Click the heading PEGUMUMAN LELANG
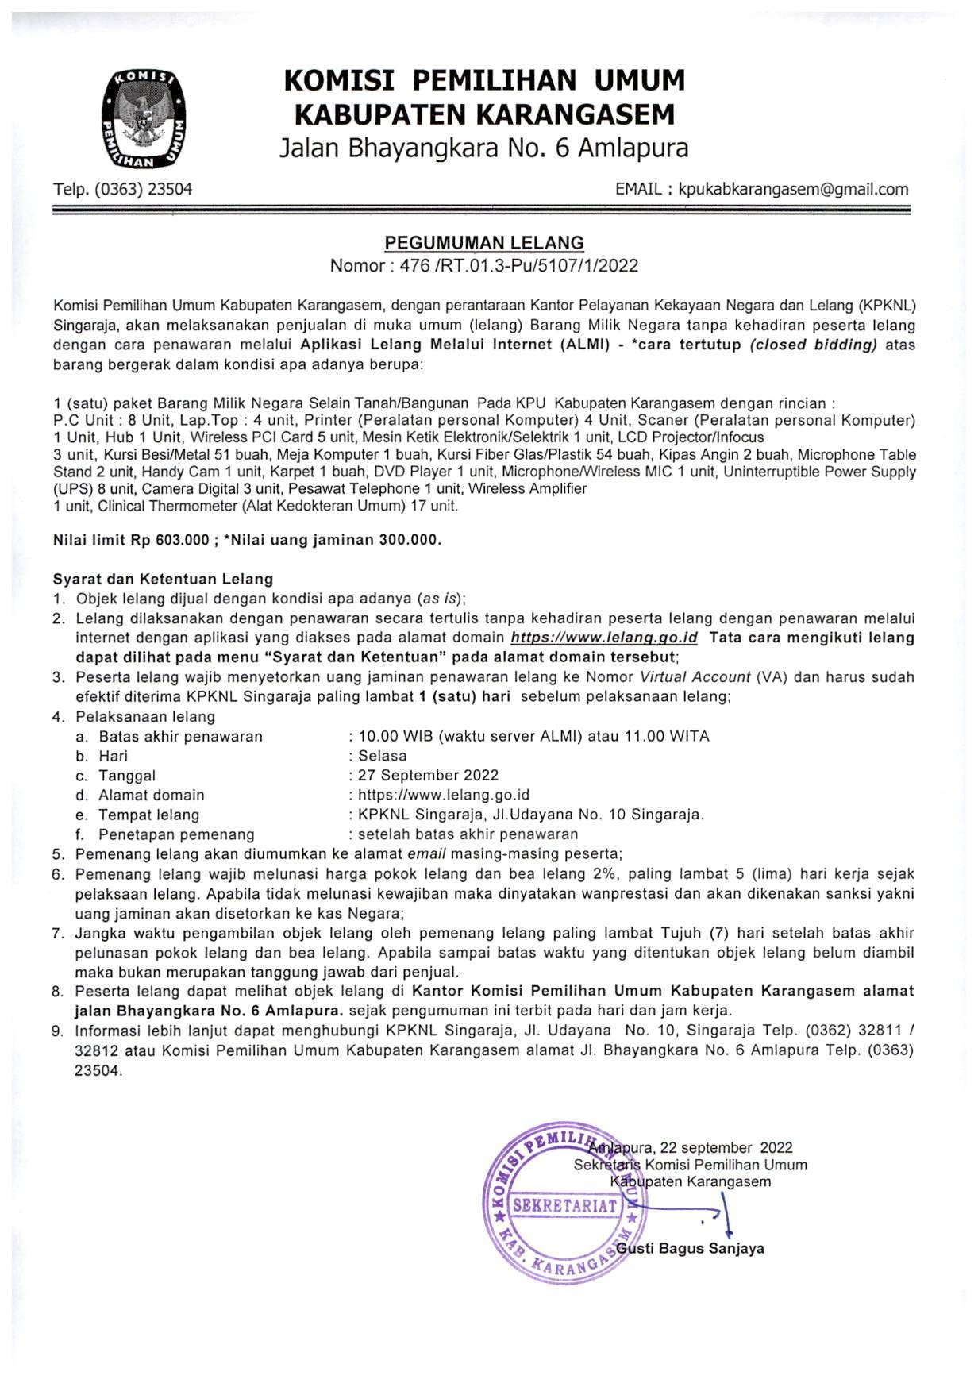(x=484, y=243)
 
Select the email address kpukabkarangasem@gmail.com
(x=793, y=189)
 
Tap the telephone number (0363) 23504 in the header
(x=143, y=189)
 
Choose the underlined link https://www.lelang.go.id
(x=604, y=638)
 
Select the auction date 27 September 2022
(x=429, y=775)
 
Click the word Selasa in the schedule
(x=383, y=756)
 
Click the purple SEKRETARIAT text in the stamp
(x=565, y=1205)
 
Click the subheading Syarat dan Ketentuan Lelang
(x=163, y=579)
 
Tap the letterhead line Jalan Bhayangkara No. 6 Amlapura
(x=484, y=148)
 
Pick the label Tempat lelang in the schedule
(x=148, y=815)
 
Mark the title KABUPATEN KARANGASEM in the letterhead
(x=484, y=115)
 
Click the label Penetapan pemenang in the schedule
(x=176, y=834)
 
